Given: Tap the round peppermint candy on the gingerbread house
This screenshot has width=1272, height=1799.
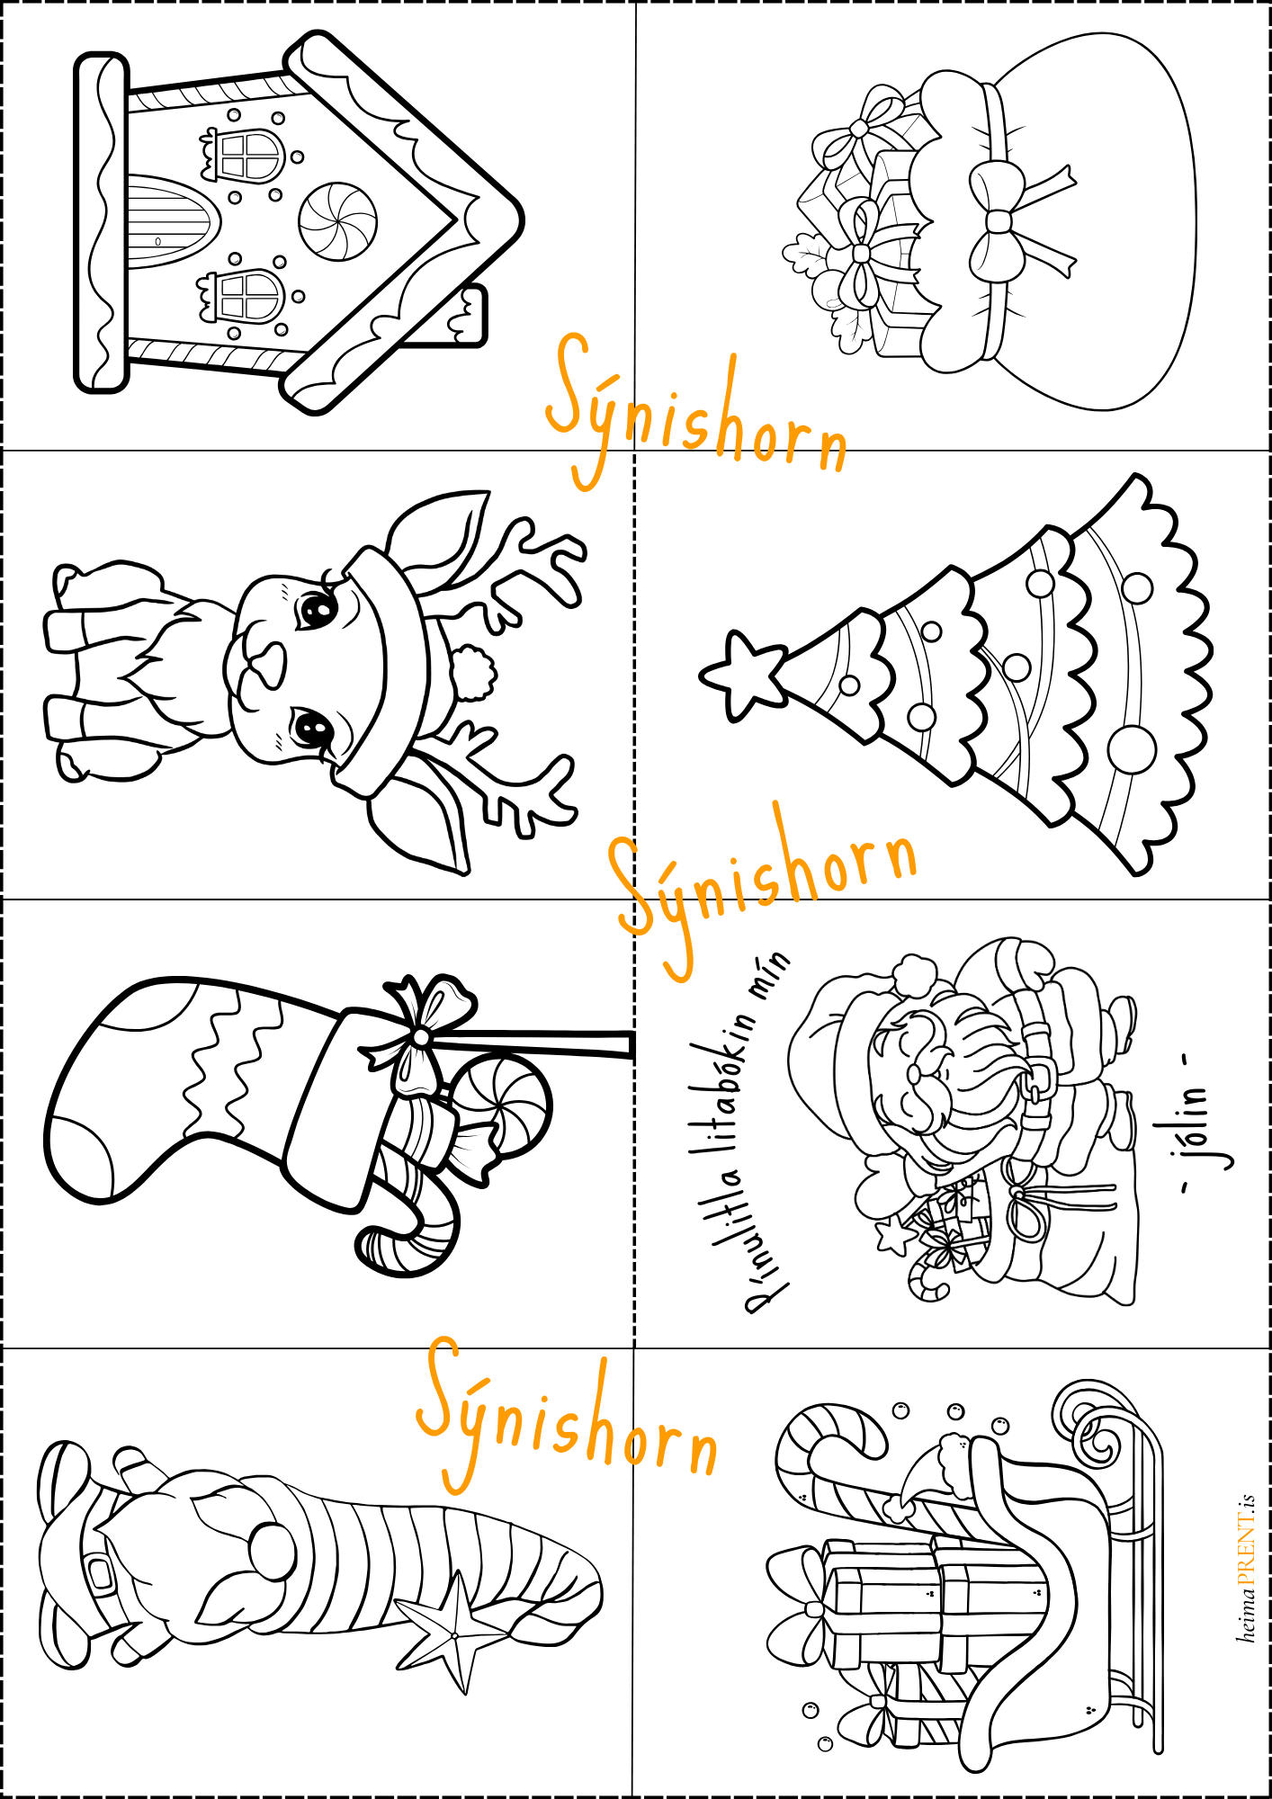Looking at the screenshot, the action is [x=337, y=219].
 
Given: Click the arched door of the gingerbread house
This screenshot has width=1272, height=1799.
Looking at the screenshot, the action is [x=171, y=221].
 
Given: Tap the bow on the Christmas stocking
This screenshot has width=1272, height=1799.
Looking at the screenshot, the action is [x=421, y=1034].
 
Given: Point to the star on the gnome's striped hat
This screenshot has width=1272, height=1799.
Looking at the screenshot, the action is [x=455, y=1633].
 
